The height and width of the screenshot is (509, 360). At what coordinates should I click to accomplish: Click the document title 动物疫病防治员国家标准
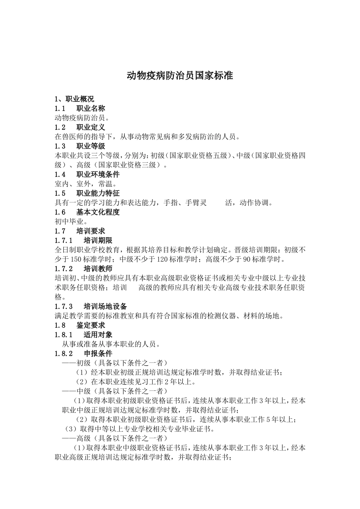click(180, 76)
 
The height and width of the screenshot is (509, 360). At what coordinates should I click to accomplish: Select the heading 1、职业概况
click(74, 99)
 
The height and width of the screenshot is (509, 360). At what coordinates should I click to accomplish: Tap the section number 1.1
click(60, 109)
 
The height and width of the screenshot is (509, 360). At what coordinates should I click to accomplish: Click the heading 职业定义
click(91, 127)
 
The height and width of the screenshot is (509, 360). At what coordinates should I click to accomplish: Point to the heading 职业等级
click(91, 146)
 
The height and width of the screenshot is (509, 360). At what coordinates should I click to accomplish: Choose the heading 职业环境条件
click(98, 175)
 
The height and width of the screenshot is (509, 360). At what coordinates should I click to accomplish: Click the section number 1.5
click(60, 194)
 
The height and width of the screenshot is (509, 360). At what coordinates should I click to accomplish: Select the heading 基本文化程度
click(98, 212)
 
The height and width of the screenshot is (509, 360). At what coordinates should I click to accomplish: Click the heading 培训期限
click(98, 240)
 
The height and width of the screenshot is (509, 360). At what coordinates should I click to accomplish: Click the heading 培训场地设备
click(105, 306)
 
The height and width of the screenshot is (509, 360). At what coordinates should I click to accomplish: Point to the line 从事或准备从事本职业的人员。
click(111, 344)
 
